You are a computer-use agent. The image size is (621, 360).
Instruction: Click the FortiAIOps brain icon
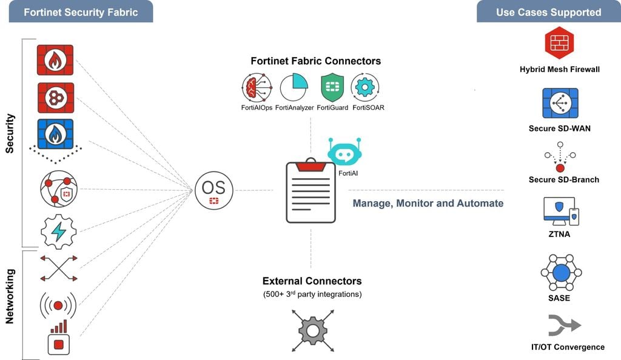(x=257, y=88)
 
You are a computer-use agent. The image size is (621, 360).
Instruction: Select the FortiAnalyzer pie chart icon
(x=295, y=88)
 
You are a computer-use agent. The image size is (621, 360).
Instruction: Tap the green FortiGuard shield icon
(x=333, y=88)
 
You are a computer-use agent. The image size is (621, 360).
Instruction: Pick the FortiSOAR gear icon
(x=366, y=88)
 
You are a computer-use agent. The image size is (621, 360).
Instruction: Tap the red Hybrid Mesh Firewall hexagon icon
(x=559, y=44)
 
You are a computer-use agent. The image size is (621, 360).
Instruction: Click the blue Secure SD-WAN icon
(x=559, y=103)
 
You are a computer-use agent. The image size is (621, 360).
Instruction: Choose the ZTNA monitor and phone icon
(x=561, y=211)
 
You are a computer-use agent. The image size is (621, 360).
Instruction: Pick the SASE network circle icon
(x=561, y=273)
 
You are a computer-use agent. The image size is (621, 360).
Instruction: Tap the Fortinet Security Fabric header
(x=81, y=12)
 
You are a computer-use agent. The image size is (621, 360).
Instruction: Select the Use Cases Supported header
(x=548, y=12)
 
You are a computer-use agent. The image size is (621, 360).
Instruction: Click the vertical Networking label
(x=10, y=296)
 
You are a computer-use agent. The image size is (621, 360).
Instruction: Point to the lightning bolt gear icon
(x=58, y=231)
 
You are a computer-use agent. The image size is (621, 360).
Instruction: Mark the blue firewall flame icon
(x=55, y=134)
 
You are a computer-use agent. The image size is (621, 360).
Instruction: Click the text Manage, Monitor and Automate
(x=428, y=203)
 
